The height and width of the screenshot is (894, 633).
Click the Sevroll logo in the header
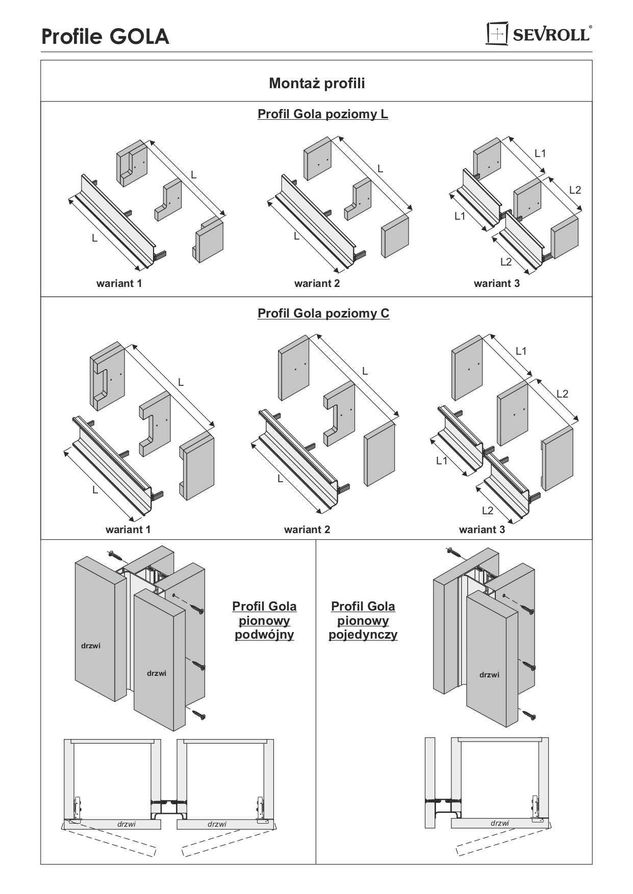539,34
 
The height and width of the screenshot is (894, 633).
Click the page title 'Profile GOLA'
105,37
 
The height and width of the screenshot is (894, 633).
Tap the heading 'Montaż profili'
317,83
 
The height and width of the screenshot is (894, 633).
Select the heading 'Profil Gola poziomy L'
322,114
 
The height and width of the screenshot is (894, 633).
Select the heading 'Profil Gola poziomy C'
323,313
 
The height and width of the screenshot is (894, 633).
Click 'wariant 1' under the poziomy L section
119,283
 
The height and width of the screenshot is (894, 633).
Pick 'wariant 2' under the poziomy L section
317,283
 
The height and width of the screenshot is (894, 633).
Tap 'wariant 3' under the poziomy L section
496,283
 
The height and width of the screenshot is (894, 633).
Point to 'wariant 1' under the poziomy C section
128,530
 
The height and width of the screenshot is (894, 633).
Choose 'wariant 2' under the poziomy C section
307,530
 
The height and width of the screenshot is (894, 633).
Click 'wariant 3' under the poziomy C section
482,530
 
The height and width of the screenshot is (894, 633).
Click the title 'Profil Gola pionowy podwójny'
264,620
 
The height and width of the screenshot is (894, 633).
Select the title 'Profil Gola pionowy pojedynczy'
363,620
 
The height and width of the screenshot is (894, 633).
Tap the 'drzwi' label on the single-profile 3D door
489,675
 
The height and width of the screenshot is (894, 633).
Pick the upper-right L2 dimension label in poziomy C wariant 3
562,393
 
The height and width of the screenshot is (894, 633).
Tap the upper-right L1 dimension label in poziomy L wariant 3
540,153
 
